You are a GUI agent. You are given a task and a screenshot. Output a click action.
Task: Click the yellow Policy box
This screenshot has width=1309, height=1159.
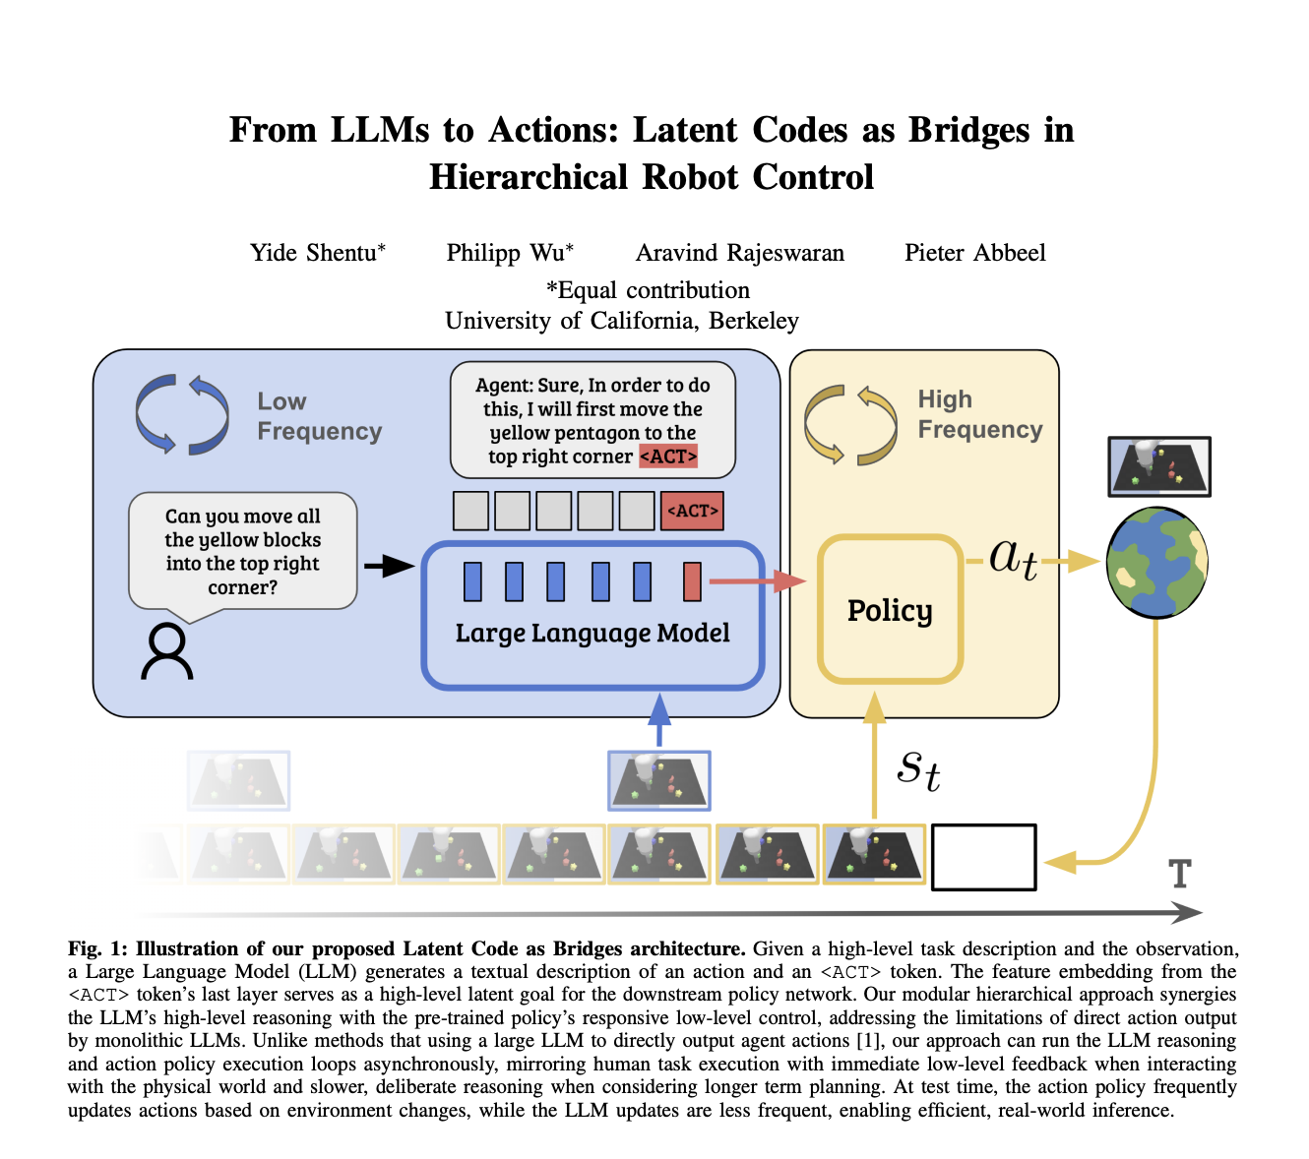point(890,609)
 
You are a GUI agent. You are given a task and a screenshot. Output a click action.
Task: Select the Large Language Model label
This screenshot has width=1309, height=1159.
point(592,634)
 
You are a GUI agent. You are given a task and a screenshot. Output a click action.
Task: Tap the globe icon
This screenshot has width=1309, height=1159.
point(1156,563)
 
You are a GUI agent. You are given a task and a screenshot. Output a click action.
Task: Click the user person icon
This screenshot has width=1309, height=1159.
point(166,651)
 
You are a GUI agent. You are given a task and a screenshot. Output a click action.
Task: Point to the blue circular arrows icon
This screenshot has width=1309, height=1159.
point(182,414)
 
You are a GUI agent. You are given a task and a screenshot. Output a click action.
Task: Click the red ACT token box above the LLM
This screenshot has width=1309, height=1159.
point(692,512)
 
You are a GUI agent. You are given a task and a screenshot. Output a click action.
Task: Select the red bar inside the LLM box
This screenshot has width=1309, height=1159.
point(692,581)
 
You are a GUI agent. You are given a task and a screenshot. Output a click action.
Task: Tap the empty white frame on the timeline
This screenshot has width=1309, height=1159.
point(983,857)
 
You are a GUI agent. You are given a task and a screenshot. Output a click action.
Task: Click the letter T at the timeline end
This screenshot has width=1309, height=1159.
point(1179,874)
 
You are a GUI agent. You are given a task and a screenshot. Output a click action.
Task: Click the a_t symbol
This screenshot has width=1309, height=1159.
point(1013,559)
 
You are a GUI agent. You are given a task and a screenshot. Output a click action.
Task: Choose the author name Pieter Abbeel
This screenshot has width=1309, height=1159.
point(974,253)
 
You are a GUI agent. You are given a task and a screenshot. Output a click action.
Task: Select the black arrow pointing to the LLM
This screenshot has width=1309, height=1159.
point(388,566)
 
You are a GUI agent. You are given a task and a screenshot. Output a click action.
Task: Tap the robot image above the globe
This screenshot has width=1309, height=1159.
point(1158,467)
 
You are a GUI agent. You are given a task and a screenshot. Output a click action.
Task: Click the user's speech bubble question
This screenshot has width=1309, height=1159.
point(242,551)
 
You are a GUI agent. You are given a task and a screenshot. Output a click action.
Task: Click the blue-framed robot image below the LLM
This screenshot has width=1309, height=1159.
point(658,780)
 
